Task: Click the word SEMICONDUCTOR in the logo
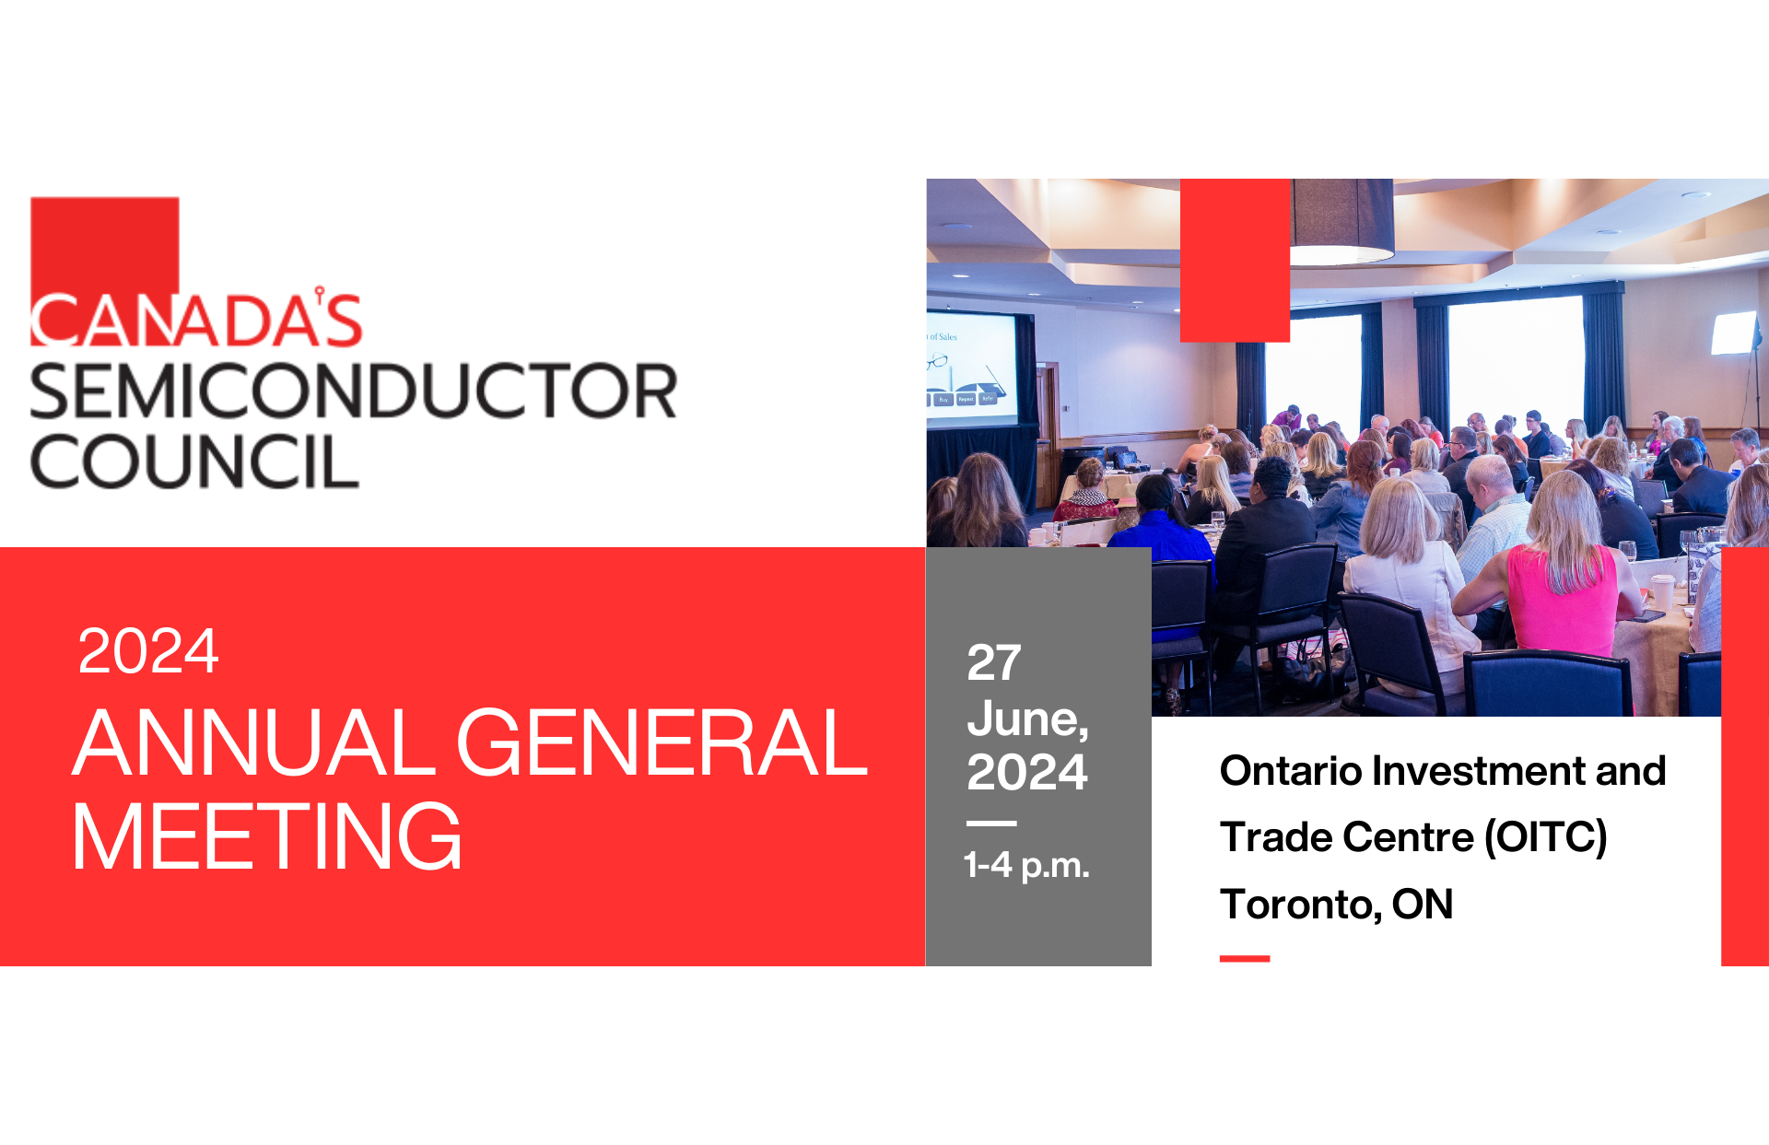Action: tap(353, 391)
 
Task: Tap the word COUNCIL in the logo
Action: tap(194, 462)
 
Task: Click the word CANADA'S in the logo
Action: tap(196, 320)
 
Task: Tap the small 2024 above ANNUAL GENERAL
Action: tap(148, 651)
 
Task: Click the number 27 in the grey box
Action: tap(993, 662)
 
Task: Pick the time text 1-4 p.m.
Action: tap(1026, 865)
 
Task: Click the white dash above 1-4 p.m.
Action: tap(991, 823)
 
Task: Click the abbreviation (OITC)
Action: tap(1545, 837)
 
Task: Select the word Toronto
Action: tap(1299, 905)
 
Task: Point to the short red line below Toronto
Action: tap(1245, 959)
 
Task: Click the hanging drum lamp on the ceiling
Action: tap(1341, 221)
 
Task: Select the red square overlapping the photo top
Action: tap(1235, 260)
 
